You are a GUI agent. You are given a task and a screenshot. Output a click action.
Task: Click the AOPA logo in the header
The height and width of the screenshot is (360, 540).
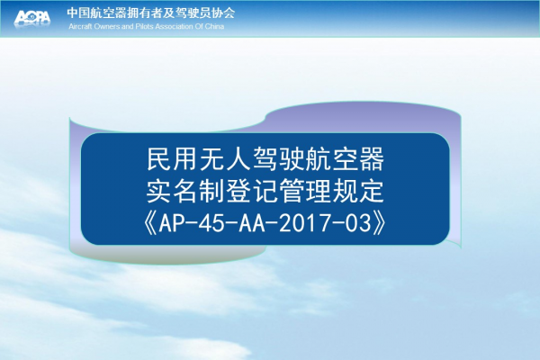point(32,18)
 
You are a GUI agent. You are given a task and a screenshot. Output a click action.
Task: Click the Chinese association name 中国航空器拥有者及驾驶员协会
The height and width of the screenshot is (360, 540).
point(151,13)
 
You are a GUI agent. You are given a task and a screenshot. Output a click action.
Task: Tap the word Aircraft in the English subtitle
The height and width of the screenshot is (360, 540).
point(80,26)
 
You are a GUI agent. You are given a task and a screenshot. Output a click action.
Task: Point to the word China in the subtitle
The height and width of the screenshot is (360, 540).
point(214,26)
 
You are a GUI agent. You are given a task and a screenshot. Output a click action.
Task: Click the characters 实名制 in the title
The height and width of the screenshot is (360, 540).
point(185,191)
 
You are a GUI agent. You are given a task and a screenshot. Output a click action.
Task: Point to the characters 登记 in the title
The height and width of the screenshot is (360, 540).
point(252,191)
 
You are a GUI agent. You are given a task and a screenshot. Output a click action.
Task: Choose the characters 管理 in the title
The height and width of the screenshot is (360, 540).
point(305,191)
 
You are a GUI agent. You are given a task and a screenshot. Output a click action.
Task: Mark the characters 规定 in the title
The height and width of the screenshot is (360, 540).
point(358,191)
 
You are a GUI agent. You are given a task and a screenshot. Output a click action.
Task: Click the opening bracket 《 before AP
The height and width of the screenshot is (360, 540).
point(151,223)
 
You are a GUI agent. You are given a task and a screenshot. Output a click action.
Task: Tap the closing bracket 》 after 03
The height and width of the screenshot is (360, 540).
point(379,223)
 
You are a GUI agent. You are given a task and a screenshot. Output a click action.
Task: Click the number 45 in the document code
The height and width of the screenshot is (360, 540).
point(212,223)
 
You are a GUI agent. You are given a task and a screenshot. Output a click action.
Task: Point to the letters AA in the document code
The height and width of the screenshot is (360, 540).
point(252,223)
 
